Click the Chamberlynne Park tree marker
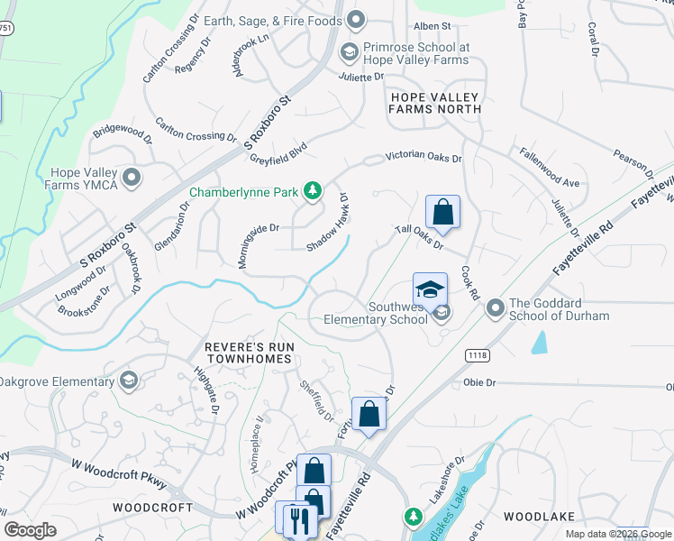click(312, 190)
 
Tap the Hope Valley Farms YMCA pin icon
click(132, 178)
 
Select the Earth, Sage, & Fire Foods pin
click(356, 20)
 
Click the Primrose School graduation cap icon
click(348, 53)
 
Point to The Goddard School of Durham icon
click(495, 309)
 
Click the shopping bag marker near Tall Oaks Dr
click(442, 213)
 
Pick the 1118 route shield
click(478, 355)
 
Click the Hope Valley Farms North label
click(434, 102)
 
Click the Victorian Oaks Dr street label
click(423, 157)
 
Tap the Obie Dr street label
click(478, 383)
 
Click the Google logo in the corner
click(31, 529)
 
